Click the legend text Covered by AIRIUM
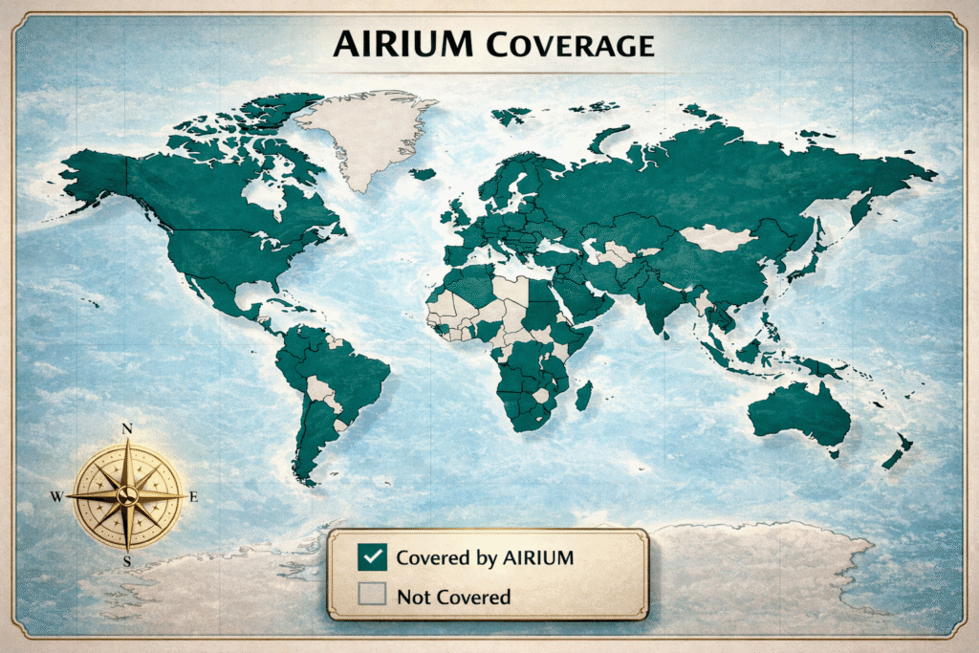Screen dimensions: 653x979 coord(485,557)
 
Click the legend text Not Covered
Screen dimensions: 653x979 coord(453,597)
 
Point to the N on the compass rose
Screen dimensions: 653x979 coord(127,429)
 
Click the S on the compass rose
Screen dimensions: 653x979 coord(127,562)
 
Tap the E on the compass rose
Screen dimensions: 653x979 coord(194,496)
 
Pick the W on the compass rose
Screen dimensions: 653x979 coord(56,497)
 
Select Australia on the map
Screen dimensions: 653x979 coord(798,410)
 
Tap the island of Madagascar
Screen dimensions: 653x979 coord(582,395)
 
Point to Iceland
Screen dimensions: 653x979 coord(422,174)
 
